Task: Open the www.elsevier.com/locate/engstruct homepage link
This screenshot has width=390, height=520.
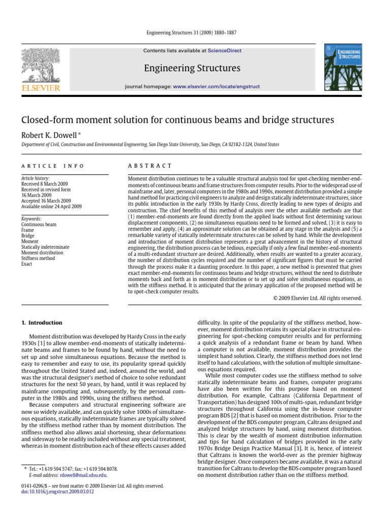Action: click(x=216, y=87)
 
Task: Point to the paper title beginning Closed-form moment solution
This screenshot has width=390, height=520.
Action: click(x=170, y=120)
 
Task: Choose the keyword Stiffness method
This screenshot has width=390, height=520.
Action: click(x=38, y=258)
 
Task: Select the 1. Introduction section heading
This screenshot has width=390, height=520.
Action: click(x=42, y=322)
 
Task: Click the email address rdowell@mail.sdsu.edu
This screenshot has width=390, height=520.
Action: click(x=83, y=475)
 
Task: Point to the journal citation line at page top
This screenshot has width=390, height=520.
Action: click(x=195, y=33)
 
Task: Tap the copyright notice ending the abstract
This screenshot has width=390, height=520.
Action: click(x=317, y=298)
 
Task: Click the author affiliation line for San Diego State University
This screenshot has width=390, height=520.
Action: click(x=150, y=145)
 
